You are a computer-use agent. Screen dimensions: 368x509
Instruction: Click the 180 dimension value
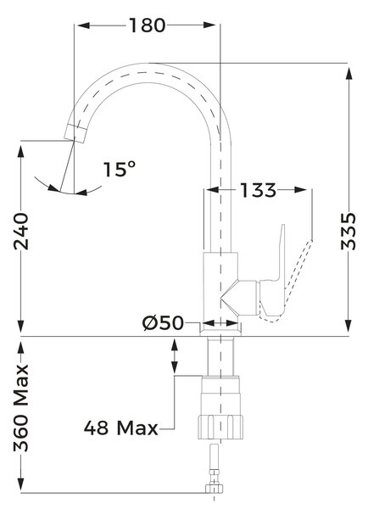148,25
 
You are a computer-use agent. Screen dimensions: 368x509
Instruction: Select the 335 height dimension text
348,231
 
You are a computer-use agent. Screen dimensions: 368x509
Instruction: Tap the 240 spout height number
21,231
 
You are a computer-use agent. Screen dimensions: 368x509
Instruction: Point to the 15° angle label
120,169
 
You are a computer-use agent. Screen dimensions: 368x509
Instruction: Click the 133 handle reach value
258,190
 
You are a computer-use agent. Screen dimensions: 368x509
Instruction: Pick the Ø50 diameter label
163,323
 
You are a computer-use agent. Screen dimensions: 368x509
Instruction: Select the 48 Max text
120,428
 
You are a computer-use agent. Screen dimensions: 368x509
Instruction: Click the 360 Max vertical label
21,408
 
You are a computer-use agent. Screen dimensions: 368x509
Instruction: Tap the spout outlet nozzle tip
75,133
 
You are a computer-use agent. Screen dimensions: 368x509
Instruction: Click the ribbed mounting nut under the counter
220,427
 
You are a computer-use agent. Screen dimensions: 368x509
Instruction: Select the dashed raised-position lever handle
292,279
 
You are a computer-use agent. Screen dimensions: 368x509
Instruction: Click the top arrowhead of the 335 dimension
348,74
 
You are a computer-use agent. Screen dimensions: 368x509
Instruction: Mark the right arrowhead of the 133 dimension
300,190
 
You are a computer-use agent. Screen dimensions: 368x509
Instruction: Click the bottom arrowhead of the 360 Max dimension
21,484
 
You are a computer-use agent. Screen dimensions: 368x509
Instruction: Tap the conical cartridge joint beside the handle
240,298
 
